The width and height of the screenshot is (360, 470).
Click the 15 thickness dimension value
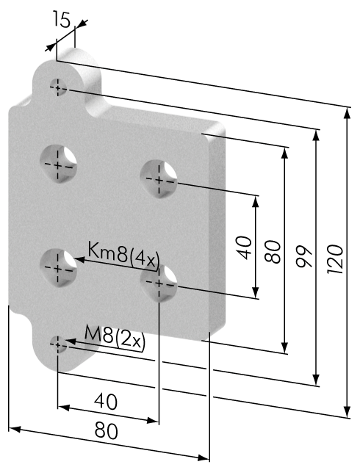[x=62, y=19]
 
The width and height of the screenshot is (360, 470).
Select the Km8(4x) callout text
[x=123, y=256]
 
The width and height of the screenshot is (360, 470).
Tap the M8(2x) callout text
[x=115, y=336]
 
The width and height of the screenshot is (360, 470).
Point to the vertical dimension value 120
[x=335, y=259]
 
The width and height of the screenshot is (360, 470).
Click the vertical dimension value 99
[x=304, y=256]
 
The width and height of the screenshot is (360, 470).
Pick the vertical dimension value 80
[x=273, y=251]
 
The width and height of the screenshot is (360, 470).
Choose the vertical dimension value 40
[x=245, y=247]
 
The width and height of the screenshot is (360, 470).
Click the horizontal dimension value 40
[x=106, y=402]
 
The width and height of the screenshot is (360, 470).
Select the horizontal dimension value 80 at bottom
[x=107, y=431]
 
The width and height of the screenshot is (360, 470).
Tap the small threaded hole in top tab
[x=58, y=87]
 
